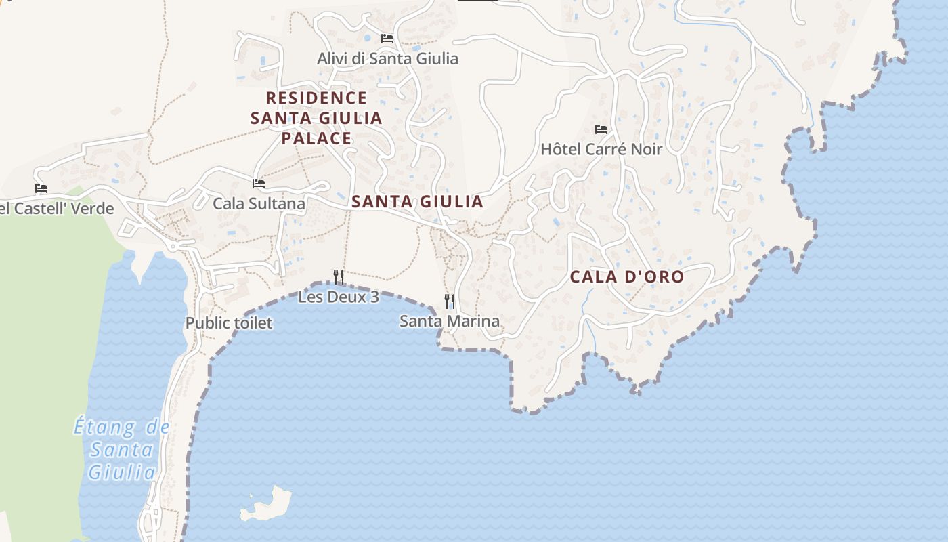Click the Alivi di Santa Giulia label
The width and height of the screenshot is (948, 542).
(x=387, y=59)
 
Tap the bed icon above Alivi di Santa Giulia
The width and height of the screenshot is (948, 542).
(x=387, y=39)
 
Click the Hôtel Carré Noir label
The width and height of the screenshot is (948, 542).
(x=601, y=149)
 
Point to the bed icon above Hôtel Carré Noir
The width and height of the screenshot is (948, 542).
(x=601, y=129)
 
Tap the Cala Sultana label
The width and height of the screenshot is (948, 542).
(x=259, y=203)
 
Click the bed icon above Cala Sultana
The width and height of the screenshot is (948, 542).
(x=258, y=183)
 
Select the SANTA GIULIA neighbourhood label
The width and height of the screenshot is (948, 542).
(x=417, y=201)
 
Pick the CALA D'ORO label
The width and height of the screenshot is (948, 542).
(x=627, y=277)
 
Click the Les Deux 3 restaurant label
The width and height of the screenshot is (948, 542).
(x=339, y=297)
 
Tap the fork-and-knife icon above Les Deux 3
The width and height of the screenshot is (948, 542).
(x=339, y=276)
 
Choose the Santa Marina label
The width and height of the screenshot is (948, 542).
(x=450, y=321)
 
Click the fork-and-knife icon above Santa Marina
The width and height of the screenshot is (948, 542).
(x=449, y=301)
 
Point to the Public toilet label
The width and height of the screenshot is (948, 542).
(x=229, y=323)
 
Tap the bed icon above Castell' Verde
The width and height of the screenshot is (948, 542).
(x=41, y=188)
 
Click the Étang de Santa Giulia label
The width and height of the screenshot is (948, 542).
(x=122, y=449)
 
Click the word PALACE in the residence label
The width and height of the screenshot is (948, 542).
(x=316, y=139)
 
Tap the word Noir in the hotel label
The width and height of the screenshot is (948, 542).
(x=644, y=149)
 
